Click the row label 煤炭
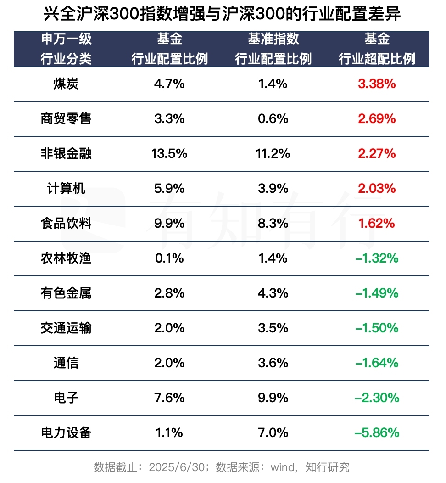pyautogui.click(x=66, y=84)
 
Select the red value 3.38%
pyautogui.click(x=377, y=84)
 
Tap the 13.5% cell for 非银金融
pyautogui.click(x=169, y=154)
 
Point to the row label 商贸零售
pyautogui.click(x=66, y=119)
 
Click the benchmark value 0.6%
pyautogui.click(x=273, y=119)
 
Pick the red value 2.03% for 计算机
pyautogui.click(x=377, y=189)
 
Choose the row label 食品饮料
pyautogui.click(x=66, y=224)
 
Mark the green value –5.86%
pyautogui.click(x=377, y=433)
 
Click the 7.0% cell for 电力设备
pyautogui.click(x=273, y=433)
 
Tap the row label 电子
pyautogui.click(x=66, y=398)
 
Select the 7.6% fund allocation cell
pyautogui.click(x=169, y=398)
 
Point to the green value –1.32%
pyautogui.click(x=377, y=258)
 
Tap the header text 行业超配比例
pyautogui.click(x=377, y=59)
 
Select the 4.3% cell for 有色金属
pyautogui.click(x=273, y=293)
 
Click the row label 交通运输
pyautogui.click(x=66, y=328)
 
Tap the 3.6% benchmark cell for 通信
pyautogui.click(x=273, y=363)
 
